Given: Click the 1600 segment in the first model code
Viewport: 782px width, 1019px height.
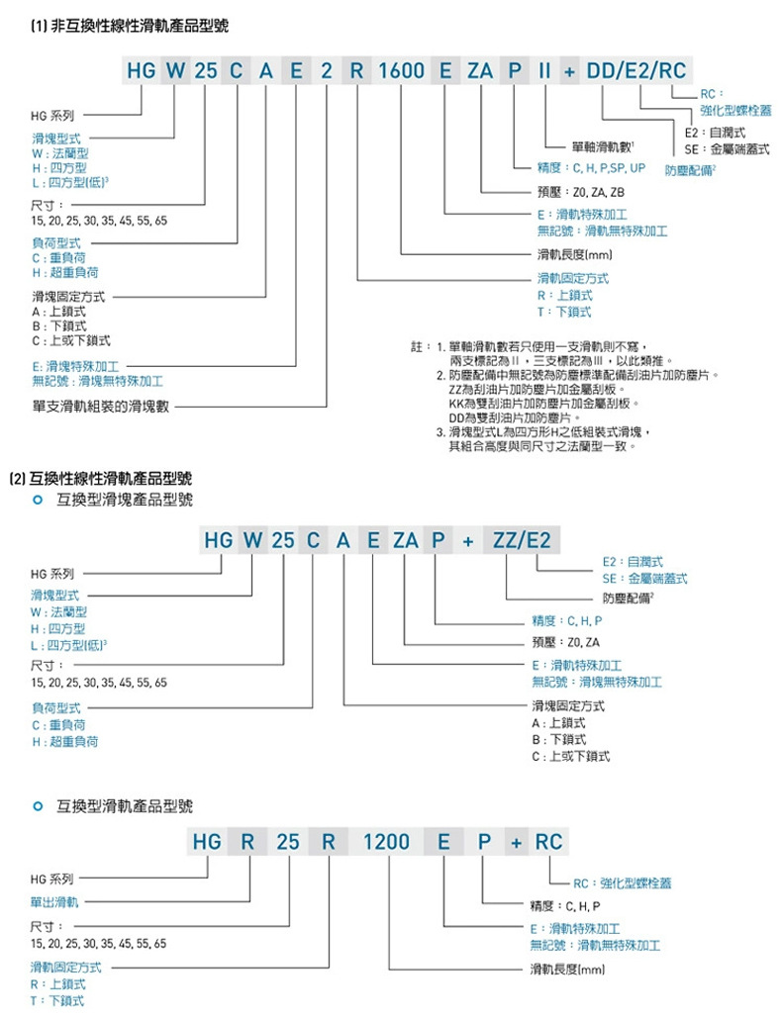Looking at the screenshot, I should coord(401,71).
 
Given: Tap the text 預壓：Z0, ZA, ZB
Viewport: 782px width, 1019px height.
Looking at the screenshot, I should coord(578,192).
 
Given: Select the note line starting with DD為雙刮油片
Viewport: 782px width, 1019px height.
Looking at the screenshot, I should coord(528,417).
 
